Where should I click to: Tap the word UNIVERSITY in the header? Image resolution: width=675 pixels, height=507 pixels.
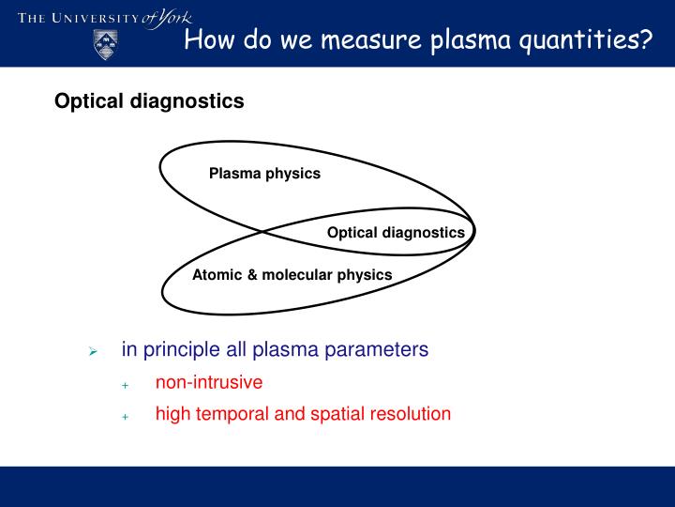click(93, 19)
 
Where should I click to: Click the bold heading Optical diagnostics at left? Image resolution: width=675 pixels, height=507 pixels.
click(149, 101)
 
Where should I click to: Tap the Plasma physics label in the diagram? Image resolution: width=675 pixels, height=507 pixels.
click(264, 174)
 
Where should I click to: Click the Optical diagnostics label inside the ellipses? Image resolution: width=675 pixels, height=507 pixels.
click(396, 233)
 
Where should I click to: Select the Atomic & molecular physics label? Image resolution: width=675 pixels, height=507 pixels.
click(292, 275)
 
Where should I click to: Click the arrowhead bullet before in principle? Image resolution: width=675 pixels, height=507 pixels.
click(93, 351)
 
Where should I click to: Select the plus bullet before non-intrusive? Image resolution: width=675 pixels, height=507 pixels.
click(124, 384)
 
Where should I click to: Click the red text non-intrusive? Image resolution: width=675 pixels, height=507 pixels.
click(208, 382)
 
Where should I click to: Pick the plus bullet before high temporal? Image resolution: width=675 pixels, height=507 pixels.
click(124, 416)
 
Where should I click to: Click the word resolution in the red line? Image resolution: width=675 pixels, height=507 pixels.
click(409, 414)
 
